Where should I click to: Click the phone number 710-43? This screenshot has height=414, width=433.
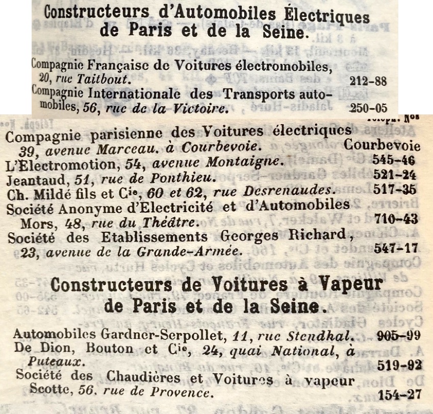tap(396, 220)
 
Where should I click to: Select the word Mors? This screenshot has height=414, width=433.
tap(33, 223)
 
